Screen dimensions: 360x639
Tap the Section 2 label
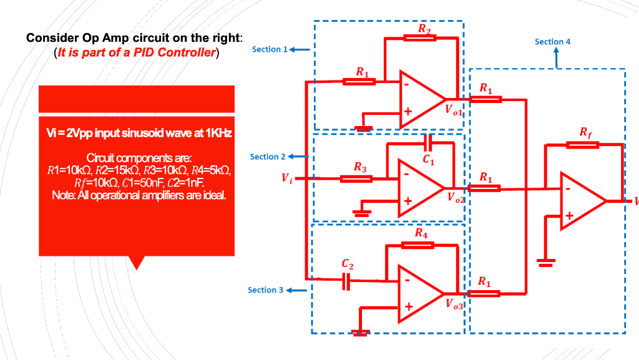[268, 157]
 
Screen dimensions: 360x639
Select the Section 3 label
[265, 290]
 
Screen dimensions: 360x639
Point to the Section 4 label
[552, 42]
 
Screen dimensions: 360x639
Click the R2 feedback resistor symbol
[420, 38]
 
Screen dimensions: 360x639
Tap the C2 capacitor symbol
[348, 281]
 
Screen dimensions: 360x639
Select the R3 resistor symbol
[356, 179]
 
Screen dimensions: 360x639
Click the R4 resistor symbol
[417, 245]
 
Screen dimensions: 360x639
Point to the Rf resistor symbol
[583, 145]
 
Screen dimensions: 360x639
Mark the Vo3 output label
[455, 304]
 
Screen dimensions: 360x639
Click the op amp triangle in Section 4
[581, 201]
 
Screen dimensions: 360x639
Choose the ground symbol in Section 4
[547, 263]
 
